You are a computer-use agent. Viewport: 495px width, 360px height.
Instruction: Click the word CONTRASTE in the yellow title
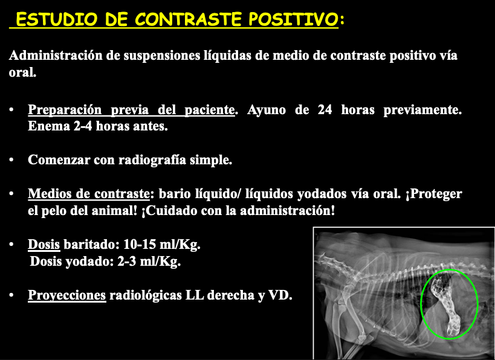(x=188, y=19)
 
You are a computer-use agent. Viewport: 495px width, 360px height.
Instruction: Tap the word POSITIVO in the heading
(x=293, y=19)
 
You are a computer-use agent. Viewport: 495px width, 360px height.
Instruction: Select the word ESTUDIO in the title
(x=56, y=19)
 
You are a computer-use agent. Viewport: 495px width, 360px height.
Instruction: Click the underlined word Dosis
(x=44, y=244)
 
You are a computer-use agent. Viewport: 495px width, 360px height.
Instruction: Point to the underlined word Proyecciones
(x=67, y=295)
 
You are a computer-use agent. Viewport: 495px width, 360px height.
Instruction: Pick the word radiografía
(x=152, y=160)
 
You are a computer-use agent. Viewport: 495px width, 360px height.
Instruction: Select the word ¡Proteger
(x=434, y=194)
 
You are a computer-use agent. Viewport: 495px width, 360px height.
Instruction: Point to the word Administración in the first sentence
(x=56, y=56)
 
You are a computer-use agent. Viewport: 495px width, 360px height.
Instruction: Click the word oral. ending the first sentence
(x=22, y=72)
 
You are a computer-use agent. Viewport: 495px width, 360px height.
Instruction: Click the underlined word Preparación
(x=65, y=110)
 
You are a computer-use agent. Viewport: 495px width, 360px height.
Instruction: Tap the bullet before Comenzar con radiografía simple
(x=11, y=160)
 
